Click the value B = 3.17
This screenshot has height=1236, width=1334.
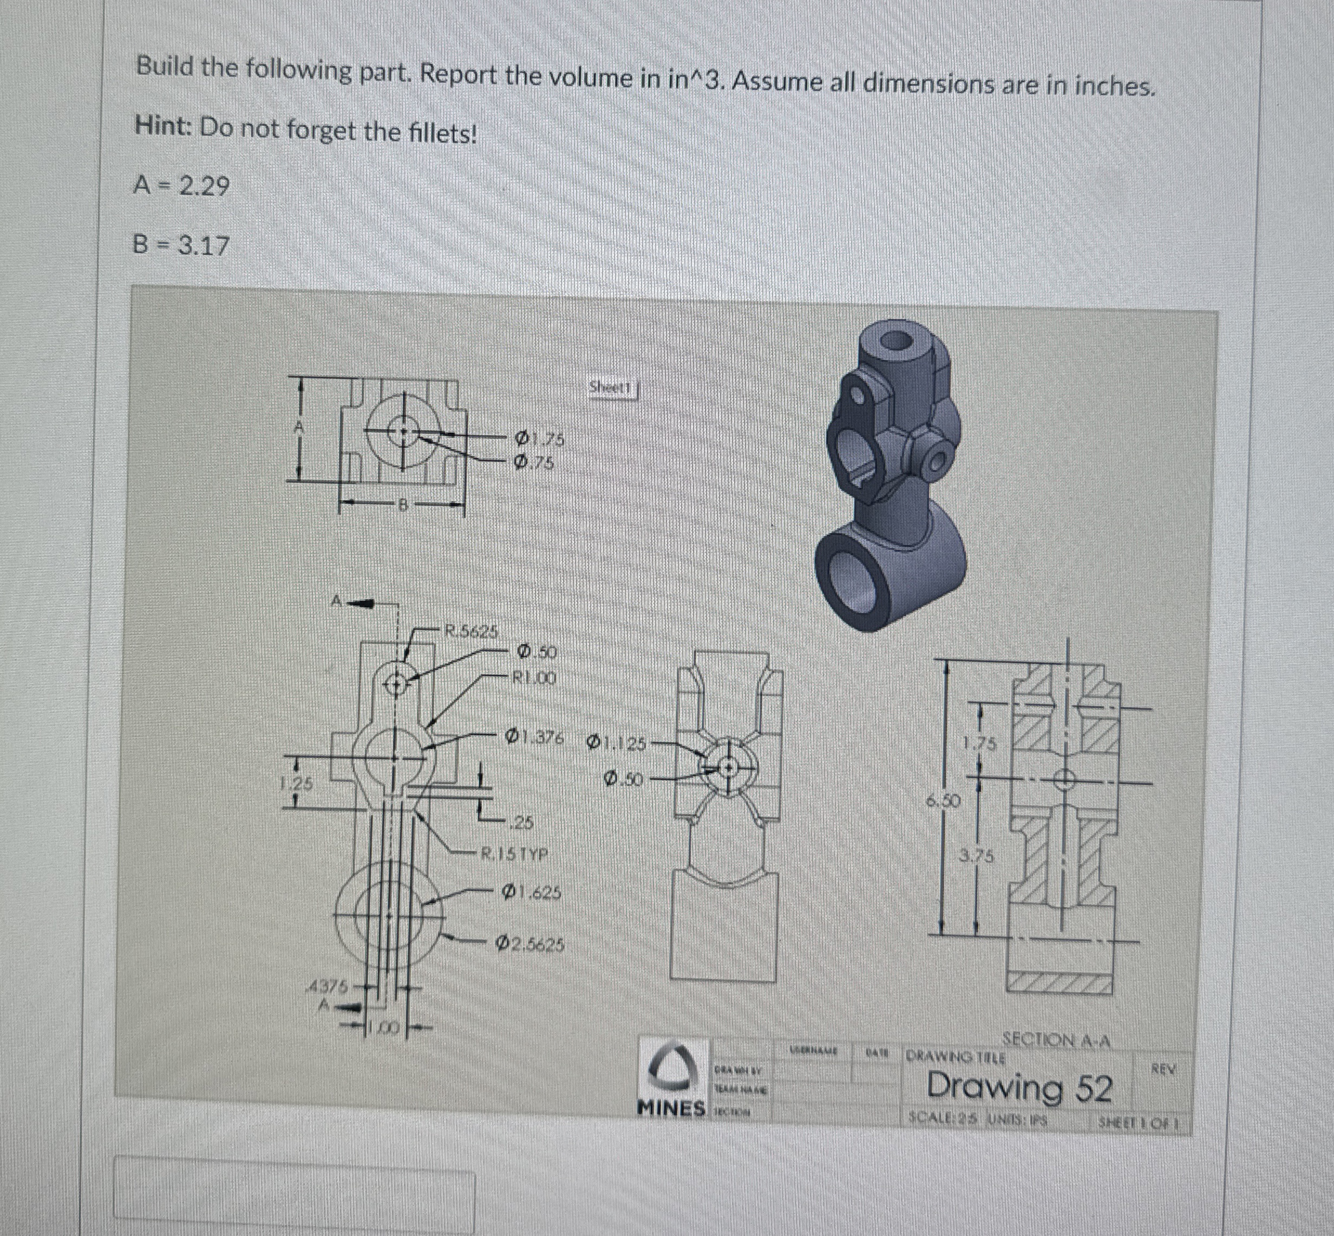click(x=180, y=246)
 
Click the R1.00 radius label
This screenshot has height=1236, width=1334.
click(x=534, y=678)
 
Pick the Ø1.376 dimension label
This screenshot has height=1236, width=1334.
click(x=535, y=737)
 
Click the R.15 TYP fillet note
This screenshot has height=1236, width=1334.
click(x=515, y=854)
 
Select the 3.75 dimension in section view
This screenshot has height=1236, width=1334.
click(x=977, y=856)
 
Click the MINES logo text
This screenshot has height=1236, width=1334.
click(x=672, y=1108)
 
